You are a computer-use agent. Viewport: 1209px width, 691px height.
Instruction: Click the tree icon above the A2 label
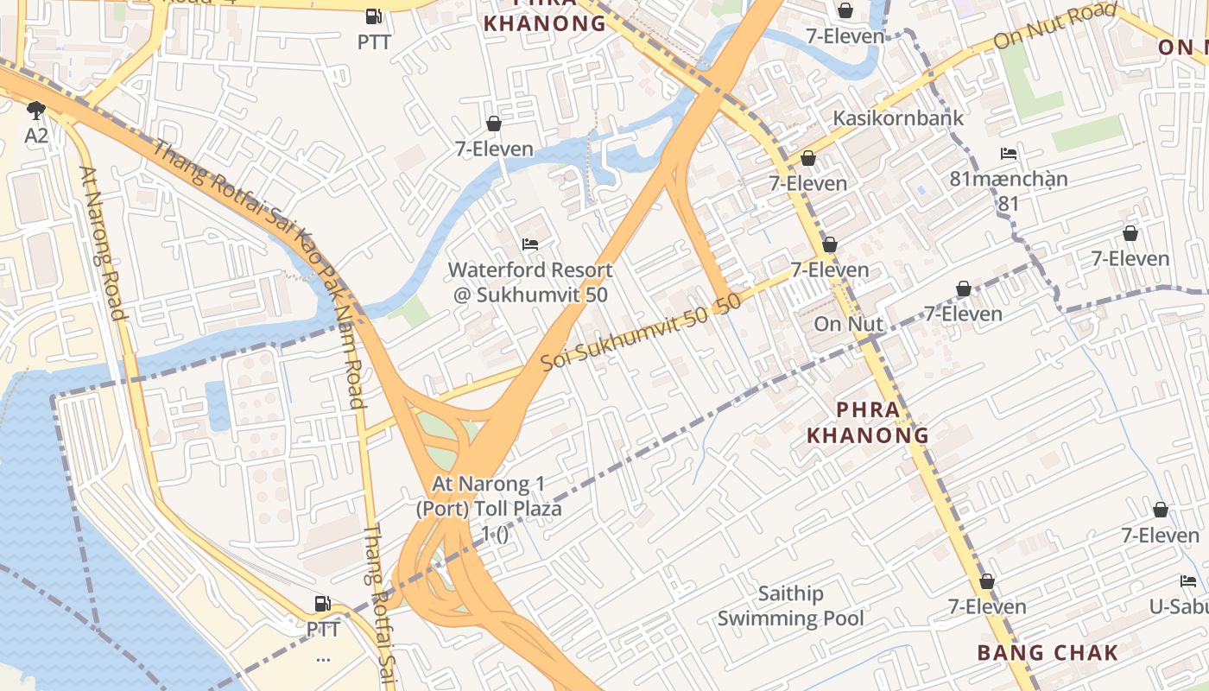[x=35, y=111]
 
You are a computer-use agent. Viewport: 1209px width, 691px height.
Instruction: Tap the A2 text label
[x=35, y=136]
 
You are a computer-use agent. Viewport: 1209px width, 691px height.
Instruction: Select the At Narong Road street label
[x=103, y=243]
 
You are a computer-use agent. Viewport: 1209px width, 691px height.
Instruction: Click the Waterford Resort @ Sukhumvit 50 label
[x=530, y=282]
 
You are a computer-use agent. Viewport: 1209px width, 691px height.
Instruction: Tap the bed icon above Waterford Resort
[x=530, y=244]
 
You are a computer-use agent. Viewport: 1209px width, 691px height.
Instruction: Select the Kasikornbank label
[x=897, y=118]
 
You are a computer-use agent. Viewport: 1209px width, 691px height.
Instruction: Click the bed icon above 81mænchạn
[x=1008, y=154]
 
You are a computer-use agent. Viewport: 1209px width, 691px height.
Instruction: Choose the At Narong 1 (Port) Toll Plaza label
[x=489, y=509]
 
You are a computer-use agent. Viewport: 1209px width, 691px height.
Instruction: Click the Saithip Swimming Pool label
[x=790, y=605]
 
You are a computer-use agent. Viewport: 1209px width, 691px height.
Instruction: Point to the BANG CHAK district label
[x=1048, y=653]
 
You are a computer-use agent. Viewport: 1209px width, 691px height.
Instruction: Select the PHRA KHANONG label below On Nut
[x=868, y=422]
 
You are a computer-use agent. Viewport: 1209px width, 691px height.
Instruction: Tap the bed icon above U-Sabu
[x=1188, y=581]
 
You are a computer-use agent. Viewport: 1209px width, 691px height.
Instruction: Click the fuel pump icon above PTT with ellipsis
[x=322, y=603]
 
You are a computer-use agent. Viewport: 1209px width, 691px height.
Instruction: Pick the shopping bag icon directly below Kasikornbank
[x=808, y=158]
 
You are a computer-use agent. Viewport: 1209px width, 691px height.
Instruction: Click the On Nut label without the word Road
[x=848, y=325]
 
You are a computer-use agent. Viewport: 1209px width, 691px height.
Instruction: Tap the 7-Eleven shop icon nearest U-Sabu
[x=1161, y=510]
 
